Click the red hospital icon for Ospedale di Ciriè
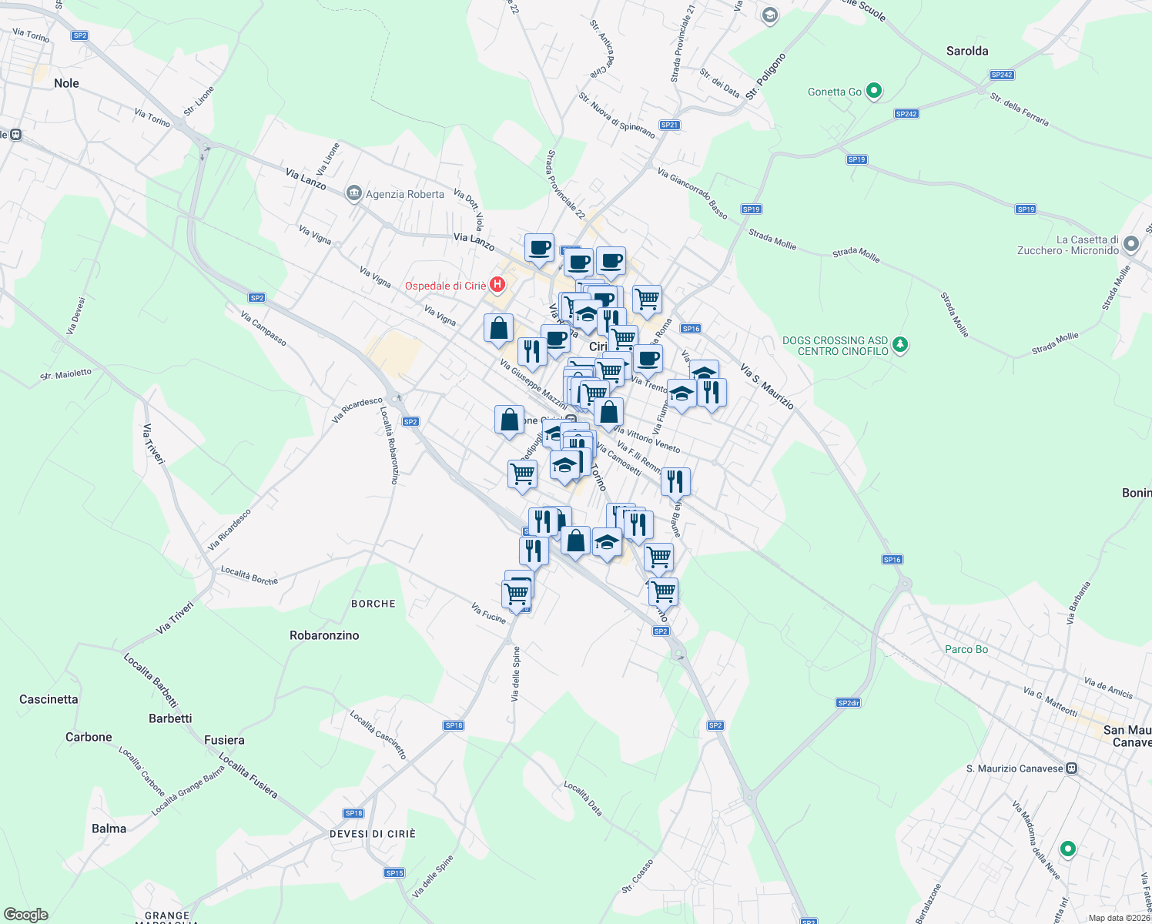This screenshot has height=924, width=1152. click(497, 285)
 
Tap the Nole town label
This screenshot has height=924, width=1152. click(66, 83)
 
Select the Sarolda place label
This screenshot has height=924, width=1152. click(967, 51)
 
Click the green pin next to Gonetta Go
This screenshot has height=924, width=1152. click(874, 91)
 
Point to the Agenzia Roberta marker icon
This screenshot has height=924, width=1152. click(354, 192)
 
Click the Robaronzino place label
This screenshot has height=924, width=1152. click(324, 635)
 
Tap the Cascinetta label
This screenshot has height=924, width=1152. click(49, 699)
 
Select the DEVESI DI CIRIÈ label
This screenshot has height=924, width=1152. click(373, 834)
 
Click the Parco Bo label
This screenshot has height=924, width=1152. click(966, 649)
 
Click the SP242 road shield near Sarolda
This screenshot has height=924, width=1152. click(1002, 75)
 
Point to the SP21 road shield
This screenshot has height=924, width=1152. click(670, 125)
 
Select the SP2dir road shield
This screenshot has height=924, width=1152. click(848, 702)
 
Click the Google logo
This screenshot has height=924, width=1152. click(25, 915)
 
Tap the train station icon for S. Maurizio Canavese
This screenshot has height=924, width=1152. click(1072, 768)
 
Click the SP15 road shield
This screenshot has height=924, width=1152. click(394, 872)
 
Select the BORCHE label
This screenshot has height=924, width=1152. click(373, 604)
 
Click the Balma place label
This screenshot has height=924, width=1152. click(109, 829)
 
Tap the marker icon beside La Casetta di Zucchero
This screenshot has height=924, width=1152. click(1130, 244)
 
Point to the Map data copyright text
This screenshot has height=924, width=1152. click(1119, 918)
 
